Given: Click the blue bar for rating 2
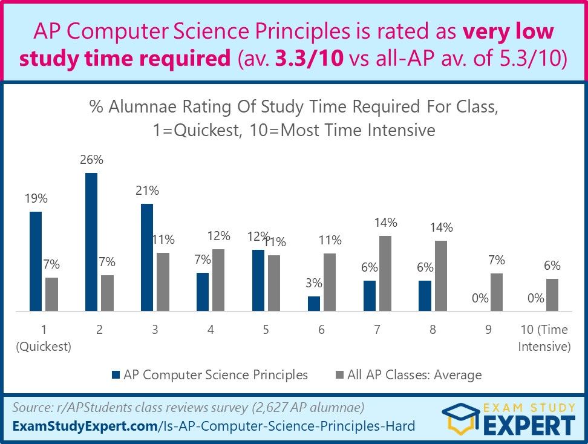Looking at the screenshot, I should click(91, 242).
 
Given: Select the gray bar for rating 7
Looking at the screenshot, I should click(385, 273).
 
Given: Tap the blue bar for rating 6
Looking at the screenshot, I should click(314, 304).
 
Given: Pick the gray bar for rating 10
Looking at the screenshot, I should click(552, 295).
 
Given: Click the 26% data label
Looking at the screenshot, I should click(91, 160).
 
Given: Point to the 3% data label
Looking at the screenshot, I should click(313, 283).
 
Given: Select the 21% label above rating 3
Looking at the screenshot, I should click(147, 191).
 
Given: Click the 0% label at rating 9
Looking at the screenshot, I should click(480, 298).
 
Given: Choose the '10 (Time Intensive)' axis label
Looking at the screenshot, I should click(545, 338).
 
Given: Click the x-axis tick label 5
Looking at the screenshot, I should click(266, 330).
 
